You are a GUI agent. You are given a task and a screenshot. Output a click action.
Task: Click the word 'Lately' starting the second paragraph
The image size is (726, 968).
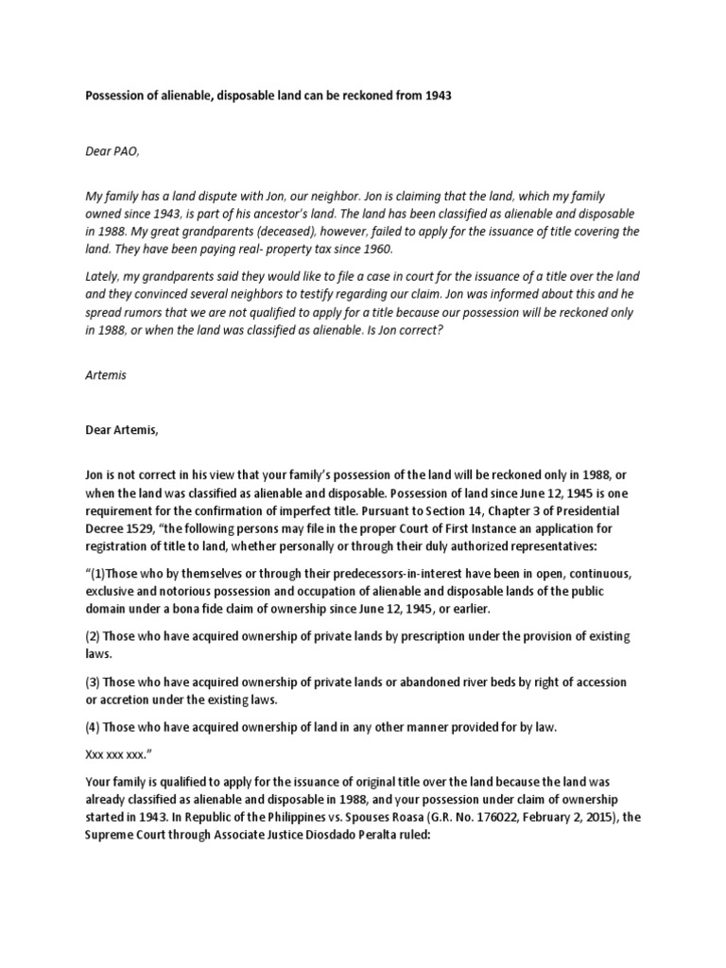pyautogui.click(x=104, y=275)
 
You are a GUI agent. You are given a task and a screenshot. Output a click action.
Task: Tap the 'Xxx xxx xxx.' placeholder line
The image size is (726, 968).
pyautogui.click(x=121, y=753)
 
